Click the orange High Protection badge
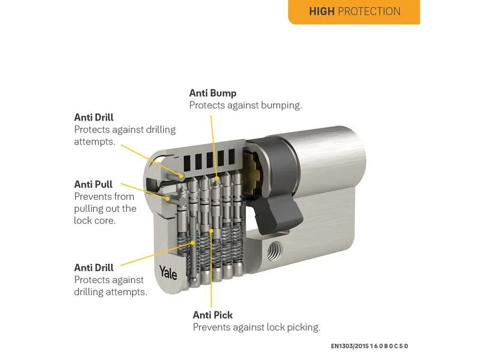point(354,11)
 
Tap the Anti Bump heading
point(213,93)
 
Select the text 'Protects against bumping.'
point(245,106)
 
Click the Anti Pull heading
point(94,184)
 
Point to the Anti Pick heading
point(213,315)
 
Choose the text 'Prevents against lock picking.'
point(257,327)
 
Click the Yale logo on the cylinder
point(168,272)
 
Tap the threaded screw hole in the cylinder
point(275,250)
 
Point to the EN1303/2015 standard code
point(370,346)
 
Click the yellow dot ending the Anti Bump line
point(217,178)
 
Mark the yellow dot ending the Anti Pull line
point(167,199)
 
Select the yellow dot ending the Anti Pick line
point(211,230)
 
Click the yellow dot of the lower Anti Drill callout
point(193,243)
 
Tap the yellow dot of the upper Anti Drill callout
point(181,176)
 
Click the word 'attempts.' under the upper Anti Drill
point(95,142)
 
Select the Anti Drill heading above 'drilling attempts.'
point(94,268)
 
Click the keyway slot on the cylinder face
point(152,184)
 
